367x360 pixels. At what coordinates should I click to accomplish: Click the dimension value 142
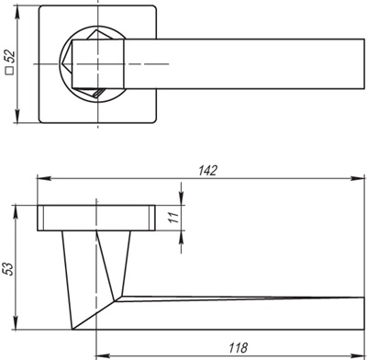[x=208, y=168]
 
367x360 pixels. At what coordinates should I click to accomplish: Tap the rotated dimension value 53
[x=8, y=268]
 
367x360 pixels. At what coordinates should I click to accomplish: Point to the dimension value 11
[x=172, y=218]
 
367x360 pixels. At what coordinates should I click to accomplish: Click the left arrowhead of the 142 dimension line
[x=41, y=176]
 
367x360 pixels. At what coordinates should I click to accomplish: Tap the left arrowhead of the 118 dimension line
[x=101, y=354]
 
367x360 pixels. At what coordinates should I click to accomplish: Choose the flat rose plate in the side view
[x=95, y=217]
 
